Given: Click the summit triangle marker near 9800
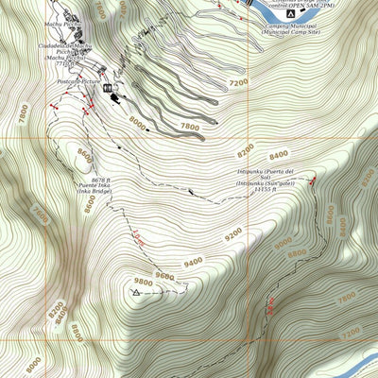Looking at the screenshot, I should [136, 293].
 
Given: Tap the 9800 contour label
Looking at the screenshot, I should [144, 282].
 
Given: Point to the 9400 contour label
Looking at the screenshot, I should [193, 262].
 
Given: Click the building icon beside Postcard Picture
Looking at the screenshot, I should [108, 90].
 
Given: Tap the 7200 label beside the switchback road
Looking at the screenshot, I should [238, 83].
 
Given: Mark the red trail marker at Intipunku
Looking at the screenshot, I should [309, 179].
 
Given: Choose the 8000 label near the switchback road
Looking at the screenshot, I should [138, 121].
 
